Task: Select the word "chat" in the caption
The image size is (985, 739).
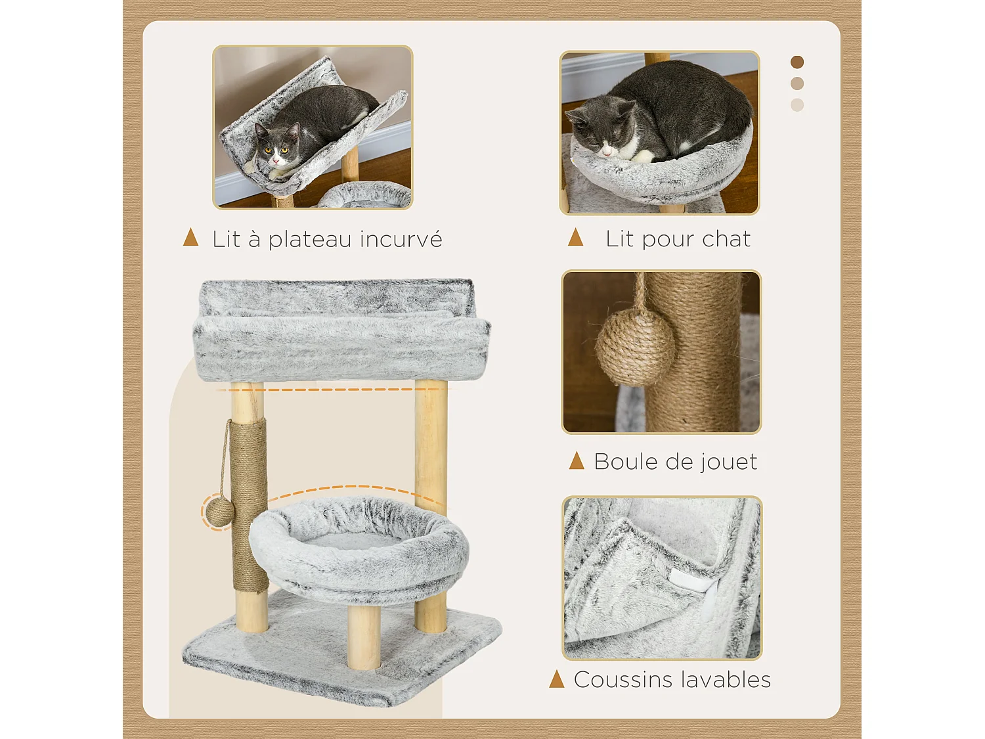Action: click(726, 239)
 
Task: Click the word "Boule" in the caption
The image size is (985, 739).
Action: click(624, 462)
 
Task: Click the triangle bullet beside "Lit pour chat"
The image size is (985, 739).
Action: click(576, 237)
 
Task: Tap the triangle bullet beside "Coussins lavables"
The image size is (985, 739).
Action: click(557, 679)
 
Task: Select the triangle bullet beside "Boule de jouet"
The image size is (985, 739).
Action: click(577, 460)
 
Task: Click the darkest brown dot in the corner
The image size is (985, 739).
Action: click(797, 62)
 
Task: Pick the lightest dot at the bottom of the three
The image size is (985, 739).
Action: click(797, 105)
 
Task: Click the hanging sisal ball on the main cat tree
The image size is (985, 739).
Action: click(219, 511)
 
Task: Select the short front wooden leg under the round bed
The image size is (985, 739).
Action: click(364, 636)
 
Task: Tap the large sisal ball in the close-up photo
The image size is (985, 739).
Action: click(634, 347)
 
